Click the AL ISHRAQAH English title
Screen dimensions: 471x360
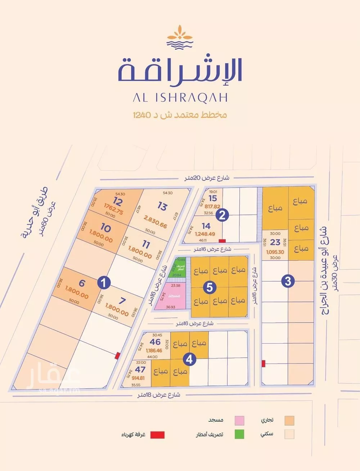coord(180,97)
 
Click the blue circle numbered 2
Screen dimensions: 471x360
coord(222,215)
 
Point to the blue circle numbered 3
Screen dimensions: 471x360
coord(288,281)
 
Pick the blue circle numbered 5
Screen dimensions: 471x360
coord(210,287)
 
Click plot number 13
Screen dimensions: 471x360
coord(162,207)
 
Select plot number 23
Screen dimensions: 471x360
coord(275,242)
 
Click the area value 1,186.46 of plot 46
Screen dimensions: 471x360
coord(154,350)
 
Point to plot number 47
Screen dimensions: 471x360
coord(140,370)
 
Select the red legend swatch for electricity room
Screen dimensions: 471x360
coord(157,435)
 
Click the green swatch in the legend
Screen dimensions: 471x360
coord(239,434)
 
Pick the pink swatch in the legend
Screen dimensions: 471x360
coord(239,420)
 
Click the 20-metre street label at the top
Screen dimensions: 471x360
coord(206,178)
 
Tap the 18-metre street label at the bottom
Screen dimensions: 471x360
coord(159,395)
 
